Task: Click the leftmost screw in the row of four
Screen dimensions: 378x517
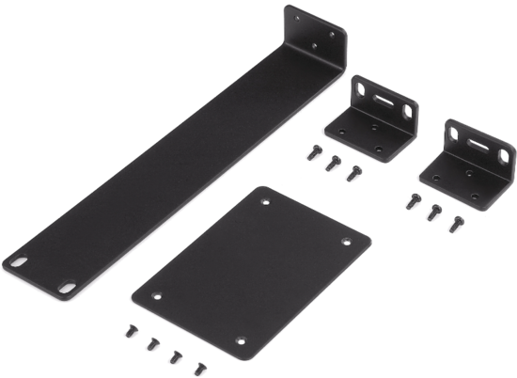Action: [x=129, y=331]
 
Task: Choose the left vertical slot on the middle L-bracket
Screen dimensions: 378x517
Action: [x=360, y=90]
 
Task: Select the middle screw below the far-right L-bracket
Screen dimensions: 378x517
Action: [x=432, y=212]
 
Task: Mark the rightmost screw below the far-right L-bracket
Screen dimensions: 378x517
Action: [x=456, y=223]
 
